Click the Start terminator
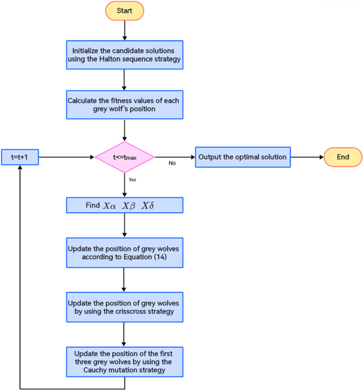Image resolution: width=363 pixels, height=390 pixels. coord(124,11)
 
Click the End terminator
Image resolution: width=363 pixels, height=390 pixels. coord(343,157)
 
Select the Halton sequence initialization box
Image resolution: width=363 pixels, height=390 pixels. coord(124,55)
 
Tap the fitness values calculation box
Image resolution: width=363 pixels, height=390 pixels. coord(124,105)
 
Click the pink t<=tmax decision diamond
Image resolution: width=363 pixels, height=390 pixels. coord(125,157)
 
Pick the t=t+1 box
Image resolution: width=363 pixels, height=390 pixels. coord(20,157)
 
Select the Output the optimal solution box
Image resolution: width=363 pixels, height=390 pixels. coord(243,157)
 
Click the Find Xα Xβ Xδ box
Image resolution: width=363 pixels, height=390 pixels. coord(124,205)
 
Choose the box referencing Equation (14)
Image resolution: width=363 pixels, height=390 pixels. coord(124,253)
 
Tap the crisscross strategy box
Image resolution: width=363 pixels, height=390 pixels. coord(124,307)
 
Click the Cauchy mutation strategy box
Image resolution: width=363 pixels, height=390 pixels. coord(124,361)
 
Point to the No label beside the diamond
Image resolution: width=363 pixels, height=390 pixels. coord(172,163)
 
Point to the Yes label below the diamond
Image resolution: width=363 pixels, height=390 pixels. coord(132,180)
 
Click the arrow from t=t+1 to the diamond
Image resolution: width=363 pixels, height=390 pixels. coord(66,157)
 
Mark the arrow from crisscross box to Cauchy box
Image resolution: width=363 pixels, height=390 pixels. coord(124,334)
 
